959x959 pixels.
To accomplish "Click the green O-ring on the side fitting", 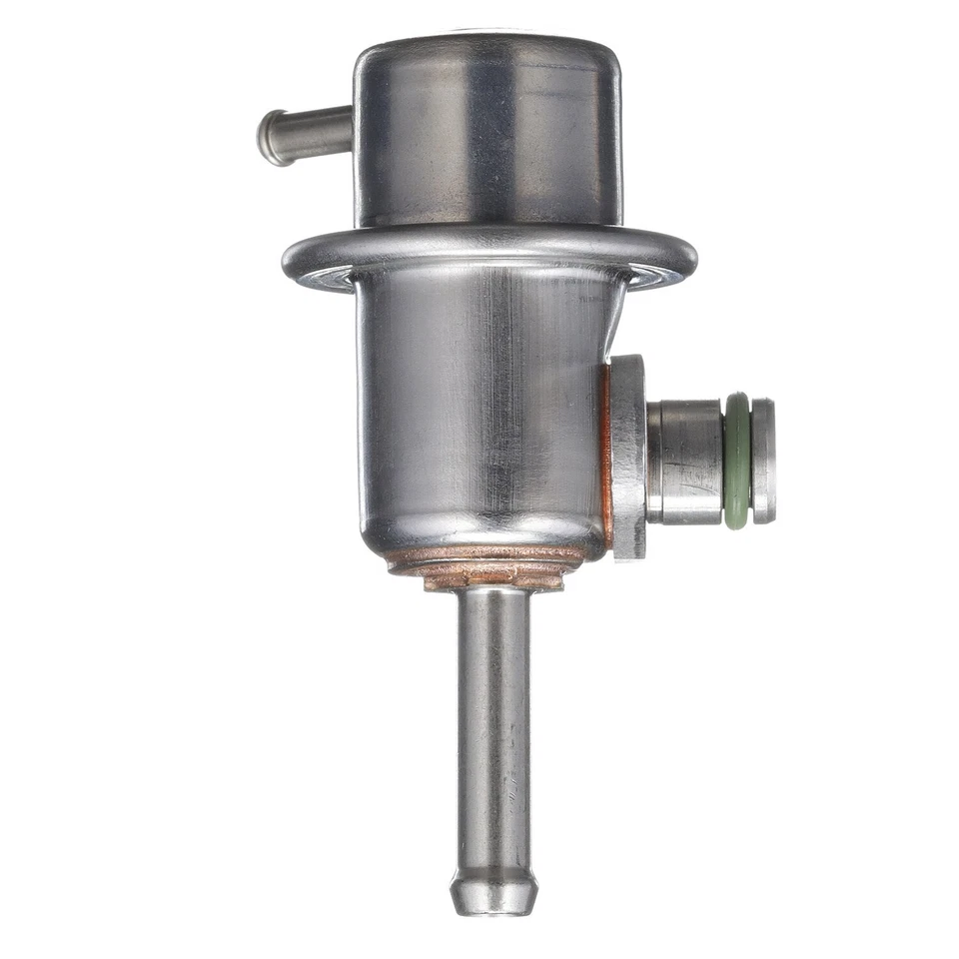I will coord(737,461).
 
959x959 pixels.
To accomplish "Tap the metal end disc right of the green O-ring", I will coord(763,461).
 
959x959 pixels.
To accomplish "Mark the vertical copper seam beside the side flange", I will coord(605,455).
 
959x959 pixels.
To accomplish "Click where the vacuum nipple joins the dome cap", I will coord(352,130).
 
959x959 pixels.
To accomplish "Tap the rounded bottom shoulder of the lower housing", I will coord(400,534).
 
